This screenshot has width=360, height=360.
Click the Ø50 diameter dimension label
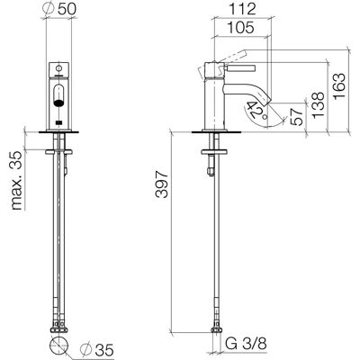pyautogui.click(x=59, y=9)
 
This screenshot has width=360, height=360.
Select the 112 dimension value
pyautogui.click(x=243, y=9)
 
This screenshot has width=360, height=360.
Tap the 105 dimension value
pyautogui.click(x=241, y=28)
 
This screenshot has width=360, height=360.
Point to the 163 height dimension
pyautogui.click(x=339, y=87)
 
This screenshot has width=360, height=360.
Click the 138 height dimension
pyautogui.click(x=318, y=105)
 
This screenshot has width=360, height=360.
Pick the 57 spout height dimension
pyautogui.click(x=297, y=117)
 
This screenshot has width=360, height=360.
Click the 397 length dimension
pyautogui.click(x=162, y=184)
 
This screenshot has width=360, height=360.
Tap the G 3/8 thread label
pyautogui.click(x=246, y=343)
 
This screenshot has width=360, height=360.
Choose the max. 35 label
pyautogui.click(x=16, y=180)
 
